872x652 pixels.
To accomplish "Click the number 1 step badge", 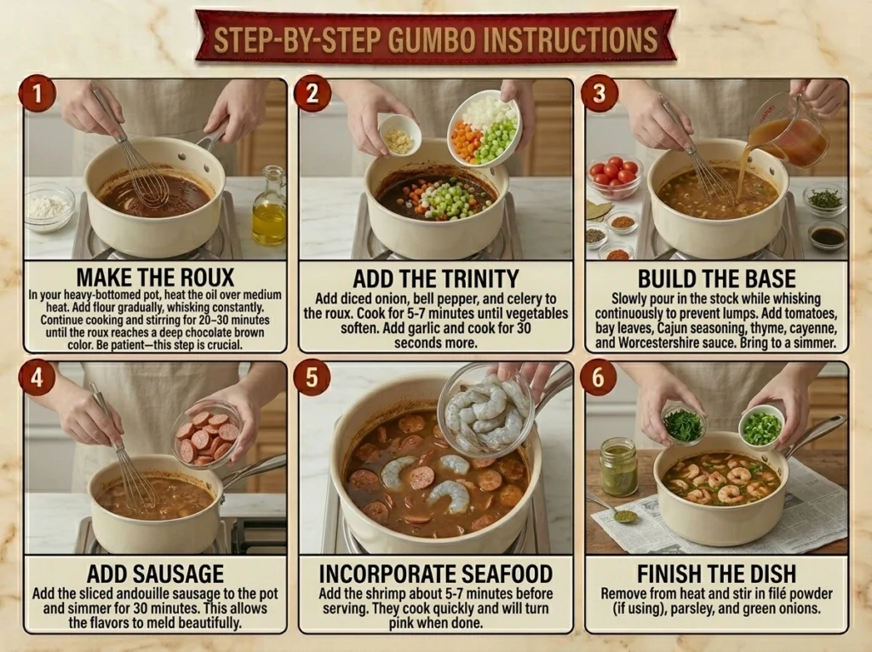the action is (x=37, y=93).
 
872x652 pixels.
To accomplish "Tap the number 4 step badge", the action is (x=37, y=378).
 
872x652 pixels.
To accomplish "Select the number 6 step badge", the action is (x=598, y=378).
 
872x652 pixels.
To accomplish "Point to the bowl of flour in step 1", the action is (x=49, y=207).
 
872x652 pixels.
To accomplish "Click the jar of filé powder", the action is (x=619, y=467).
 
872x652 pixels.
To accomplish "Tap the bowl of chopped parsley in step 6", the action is (x=683, y=424).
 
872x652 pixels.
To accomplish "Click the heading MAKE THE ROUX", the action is (x=155, y=277).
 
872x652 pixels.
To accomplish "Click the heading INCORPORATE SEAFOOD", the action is (x=436, y=574).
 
